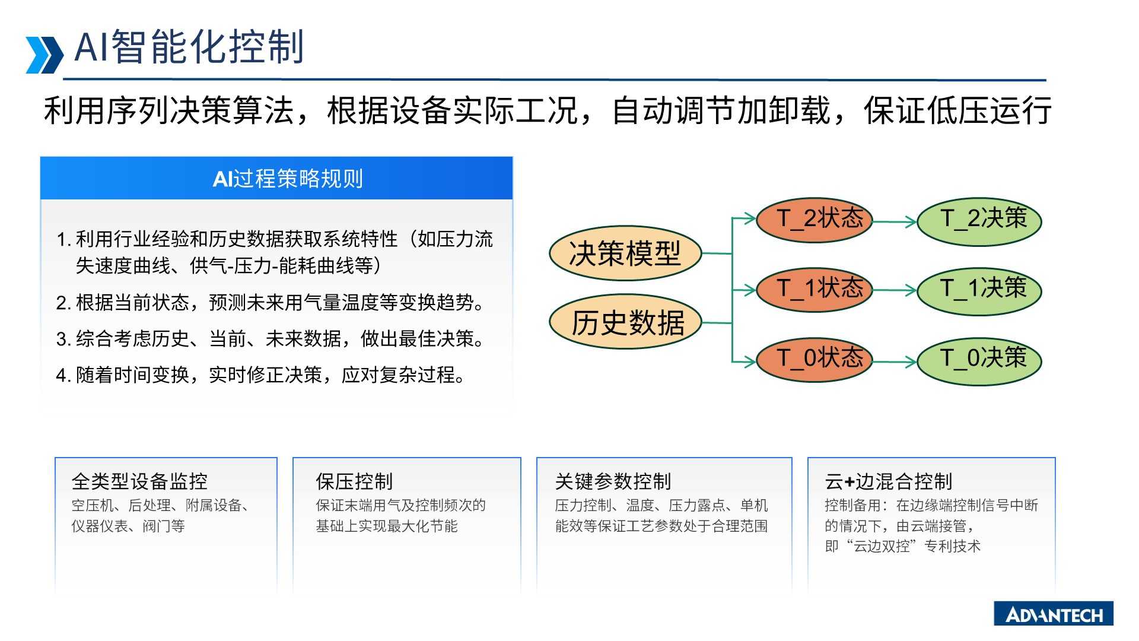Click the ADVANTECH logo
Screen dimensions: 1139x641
1054,614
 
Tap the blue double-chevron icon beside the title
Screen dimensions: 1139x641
44,55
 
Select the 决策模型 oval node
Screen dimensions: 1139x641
625,253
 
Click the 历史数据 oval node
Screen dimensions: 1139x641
625,322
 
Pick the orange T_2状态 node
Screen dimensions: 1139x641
815,220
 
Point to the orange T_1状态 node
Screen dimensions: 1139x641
815,289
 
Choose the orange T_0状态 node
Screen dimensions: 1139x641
815,359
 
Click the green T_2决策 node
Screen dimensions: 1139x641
979,221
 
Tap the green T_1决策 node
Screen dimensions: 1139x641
979,290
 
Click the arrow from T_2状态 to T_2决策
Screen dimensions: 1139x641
895,222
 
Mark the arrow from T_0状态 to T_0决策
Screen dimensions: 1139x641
895,361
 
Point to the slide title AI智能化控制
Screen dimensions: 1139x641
189,47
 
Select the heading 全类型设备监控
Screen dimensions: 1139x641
139,481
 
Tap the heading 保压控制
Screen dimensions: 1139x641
354,481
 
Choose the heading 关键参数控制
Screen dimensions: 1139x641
613,481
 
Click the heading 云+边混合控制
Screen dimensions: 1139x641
888,481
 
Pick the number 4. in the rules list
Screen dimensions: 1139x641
63,376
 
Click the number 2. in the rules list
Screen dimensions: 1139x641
63,303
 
